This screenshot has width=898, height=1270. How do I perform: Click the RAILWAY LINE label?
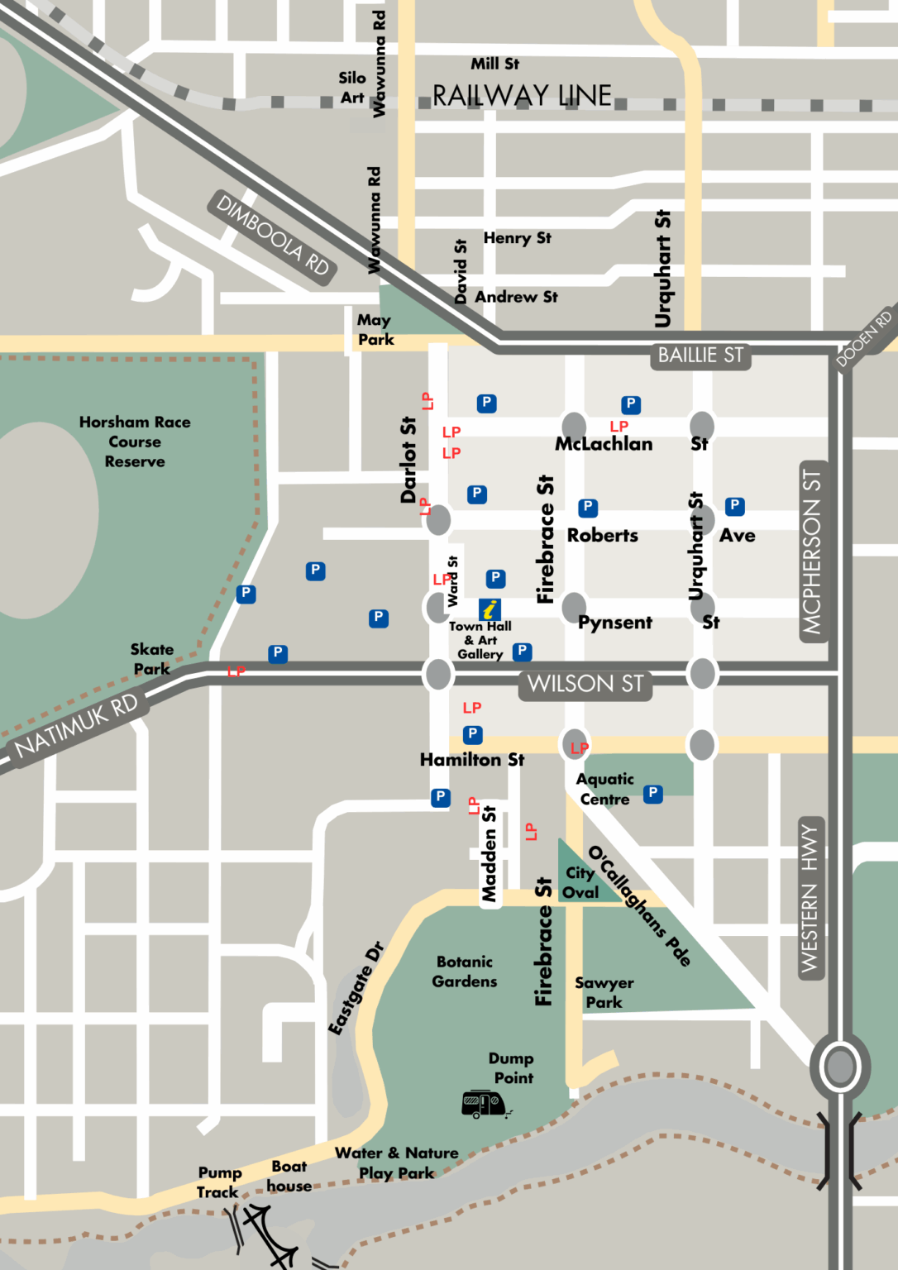click(x=522, y=96)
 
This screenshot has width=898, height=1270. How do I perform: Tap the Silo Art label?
click(x=352, y=88)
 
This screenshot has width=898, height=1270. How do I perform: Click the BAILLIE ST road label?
click(x=700, y=356)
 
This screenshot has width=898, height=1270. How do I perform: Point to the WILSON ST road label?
click(x=585, y=685)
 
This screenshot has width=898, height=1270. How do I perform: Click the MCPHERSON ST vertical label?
click(x=812, y=551)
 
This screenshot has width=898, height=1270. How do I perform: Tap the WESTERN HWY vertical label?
click(x=810, y=898)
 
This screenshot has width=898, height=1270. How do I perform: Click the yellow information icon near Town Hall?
click(x=490, y=609)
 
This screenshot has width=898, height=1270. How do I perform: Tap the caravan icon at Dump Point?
click(x=485, y=1103)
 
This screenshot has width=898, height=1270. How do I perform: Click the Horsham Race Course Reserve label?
click(x=135, y=442)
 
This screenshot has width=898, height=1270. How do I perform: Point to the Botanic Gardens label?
click(x=465, y=972)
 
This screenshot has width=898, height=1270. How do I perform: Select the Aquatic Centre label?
click(x=605, y=789)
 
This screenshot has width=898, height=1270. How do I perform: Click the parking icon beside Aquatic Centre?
click(x=653, y=794)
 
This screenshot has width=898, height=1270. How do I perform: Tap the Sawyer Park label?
click(x=604, y=992)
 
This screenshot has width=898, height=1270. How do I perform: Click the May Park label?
click(x=375, y=329)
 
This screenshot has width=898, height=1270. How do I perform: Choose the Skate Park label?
click(x=152, y=659)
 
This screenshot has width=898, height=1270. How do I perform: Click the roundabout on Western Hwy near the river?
click(x=840, y=1067)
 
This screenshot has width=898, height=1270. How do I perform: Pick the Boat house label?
click(x=289, y=1176)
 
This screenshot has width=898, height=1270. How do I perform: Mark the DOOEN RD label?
click(x=864, y=338)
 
